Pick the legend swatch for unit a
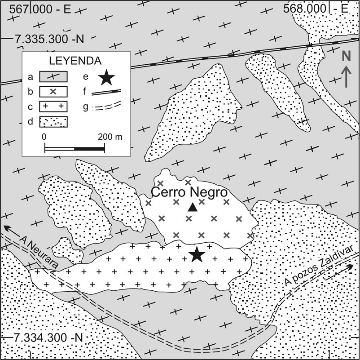click(x=53, y=77)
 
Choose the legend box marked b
click(x=53, y=92)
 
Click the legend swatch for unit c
click(x=53, y=107)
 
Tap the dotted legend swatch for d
click(x=53, y=121)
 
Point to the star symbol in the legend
click(x=106, y=77)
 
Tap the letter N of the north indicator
click(x=346, y=56)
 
